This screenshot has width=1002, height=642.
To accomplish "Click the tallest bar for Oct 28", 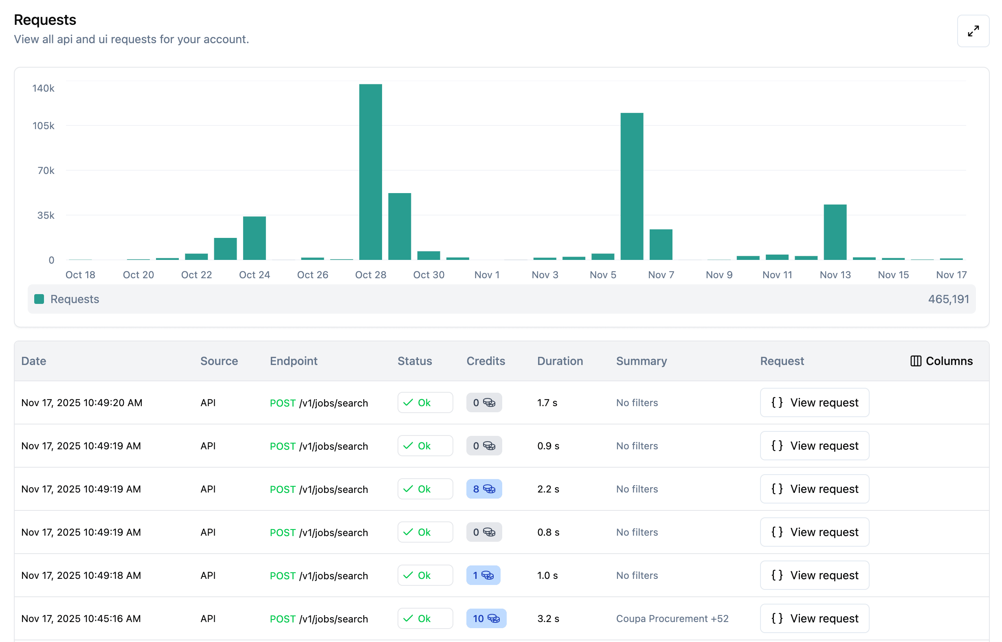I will pos(370,172).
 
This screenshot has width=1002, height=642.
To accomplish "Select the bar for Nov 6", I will pos(631,186).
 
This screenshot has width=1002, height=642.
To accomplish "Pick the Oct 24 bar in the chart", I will pos(254,238).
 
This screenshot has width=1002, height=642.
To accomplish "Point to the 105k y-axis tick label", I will pos(43,125).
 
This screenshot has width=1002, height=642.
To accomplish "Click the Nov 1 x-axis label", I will pos(486,275).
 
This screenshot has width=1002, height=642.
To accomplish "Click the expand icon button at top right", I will pos(973,31).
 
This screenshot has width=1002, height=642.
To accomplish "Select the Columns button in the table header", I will pos(941,361).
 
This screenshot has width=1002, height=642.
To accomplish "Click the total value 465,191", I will pos(948,299).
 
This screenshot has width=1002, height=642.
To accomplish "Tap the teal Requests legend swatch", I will pos(39,299).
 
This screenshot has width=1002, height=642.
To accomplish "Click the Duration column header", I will pos(560,361).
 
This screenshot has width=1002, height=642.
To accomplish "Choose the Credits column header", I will pos(486,361).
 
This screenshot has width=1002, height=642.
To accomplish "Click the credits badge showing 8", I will pos(483,489).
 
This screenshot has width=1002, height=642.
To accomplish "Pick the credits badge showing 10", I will pos(486,619).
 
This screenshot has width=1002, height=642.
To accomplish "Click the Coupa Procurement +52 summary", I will pos(672,619).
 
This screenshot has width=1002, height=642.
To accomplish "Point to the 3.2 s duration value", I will pos(548,619).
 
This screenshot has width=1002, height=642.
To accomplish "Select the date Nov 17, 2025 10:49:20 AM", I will pos(82,403).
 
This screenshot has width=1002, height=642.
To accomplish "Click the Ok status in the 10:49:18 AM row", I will pos(425,575).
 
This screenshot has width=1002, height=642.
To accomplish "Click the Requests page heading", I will pos(45,20).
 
